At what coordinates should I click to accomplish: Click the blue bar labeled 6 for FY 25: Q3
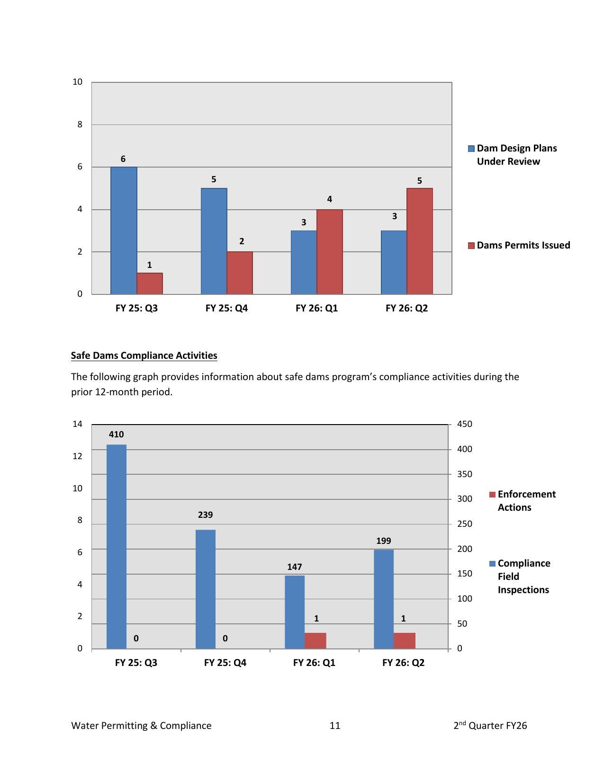tap(124, 231)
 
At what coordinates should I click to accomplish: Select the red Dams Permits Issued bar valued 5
tap(419, 241)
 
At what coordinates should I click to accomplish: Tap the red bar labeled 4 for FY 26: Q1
tap(329, 251)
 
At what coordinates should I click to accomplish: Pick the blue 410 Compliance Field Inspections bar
tap(117, 546)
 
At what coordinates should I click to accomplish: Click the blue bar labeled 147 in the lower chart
tap(295, 612)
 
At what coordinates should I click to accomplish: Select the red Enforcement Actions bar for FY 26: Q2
tap(404, 640)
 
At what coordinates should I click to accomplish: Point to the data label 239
tap(205, 515)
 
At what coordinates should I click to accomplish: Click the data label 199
tap(384, 541)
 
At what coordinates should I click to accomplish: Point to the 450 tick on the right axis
tap(464, 424)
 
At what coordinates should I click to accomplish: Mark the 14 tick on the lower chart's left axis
tap(77, 424)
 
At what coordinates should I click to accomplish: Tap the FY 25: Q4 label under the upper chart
tap(226, 308)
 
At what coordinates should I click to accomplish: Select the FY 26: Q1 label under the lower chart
tap(314, 663)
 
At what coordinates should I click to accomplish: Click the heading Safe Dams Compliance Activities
tap(144, 355)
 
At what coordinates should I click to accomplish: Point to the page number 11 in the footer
tap(335, 726)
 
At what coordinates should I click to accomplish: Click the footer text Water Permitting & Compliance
tap(141, 726)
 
